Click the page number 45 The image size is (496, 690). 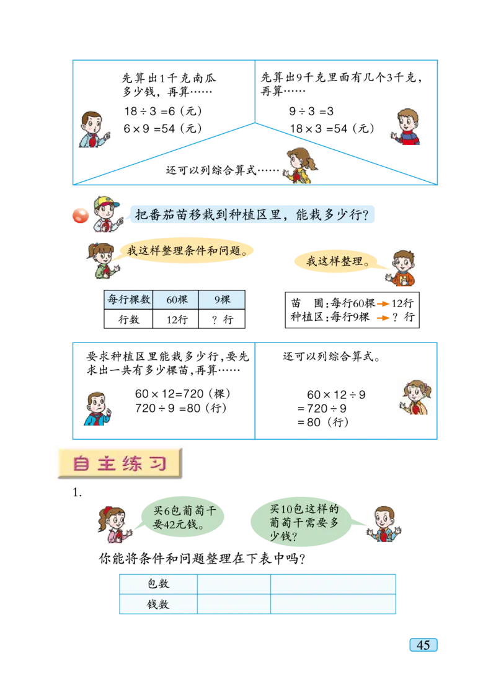423,645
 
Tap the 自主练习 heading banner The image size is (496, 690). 120,463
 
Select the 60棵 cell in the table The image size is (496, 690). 176,300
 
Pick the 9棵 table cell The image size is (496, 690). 222,300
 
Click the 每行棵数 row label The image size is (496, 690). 129,300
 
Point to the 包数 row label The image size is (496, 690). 158,583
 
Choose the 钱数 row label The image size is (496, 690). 158,604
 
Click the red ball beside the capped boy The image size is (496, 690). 80,216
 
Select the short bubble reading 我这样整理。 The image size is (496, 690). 339,261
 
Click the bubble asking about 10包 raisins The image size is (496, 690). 304,523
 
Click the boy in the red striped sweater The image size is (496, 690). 407,127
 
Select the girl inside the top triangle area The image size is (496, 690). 299,165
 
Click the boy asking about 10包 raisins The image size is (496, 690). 384,523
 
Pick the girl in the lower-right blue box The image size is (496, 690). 415,396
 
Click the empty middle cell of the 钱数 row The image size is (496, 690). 234,604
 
